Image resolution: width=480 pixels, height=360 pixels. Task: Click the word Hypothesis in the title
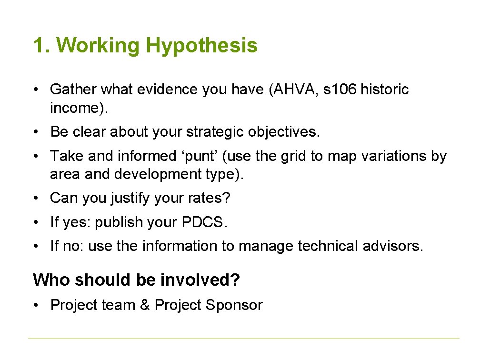pyautogui.click(x=202, y=46)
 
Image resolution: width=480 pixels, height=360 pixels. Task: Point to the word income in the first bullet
pyautogui.click(x=77, y=108)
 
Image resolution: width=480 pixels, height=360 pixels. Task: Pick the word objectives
pyautogui.click(x=283, y=132)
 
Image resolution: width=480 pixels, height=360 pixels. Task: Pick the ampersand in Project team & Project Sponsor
pyautogui.click(x=145, y=305)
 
